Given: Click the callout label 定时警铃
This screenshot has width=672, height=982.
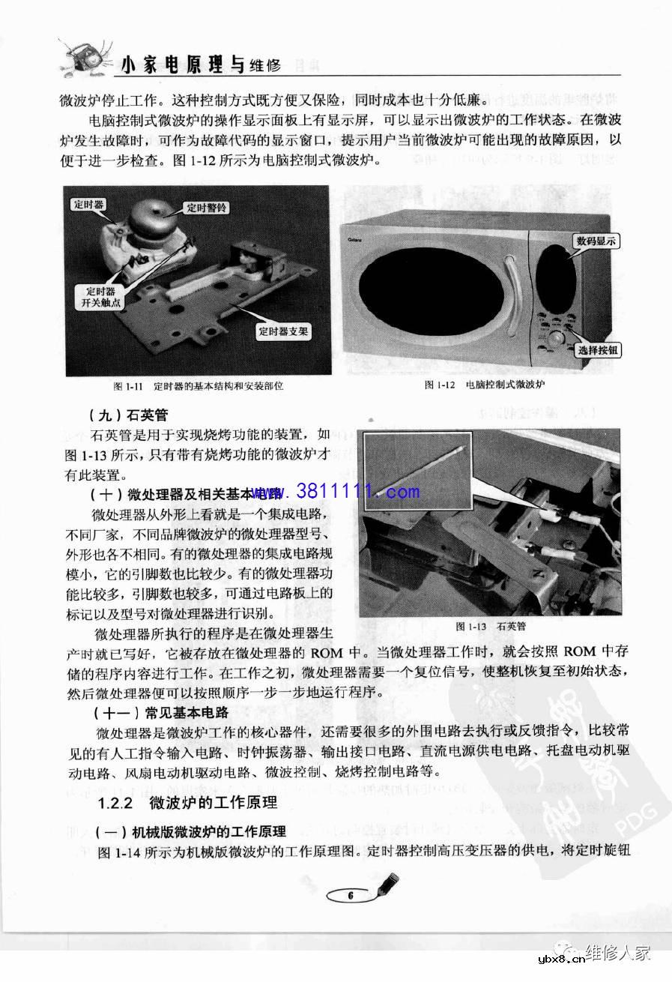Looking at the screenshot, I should click(x=206, y=208).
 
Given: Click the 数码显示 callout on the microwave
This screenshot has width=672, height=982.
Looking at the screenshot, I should click(x=596, y=241).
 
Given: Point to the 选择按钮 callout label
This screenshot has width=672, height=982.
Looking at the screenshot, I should click(x=599, y=350).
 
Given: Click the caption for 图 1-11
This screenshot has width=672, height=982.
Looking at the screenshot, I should click(x=198, y=386).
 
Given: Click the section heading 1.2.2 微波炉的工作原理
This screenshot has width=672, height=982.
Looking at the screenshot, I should click(x=187, y=803).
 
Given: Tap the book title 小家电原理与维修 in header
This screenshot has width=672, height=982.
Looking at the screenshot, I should click(x=201, y=66).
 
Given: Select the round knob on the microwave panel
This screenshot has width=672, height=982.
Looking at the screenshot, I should click(x=556, y=340).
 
